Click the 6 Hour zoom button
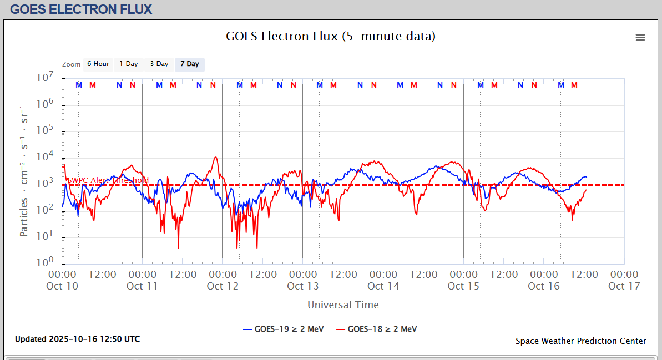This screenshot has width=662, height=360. [98, 64]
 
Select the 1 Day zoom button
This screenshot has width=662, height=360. [129, 64]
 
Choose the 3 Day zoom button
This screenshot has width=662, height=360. [159, 64]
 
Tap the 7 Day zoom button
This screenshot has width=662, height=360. [190, 64]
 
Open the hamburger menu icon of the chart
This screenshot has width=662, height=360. [640, 37]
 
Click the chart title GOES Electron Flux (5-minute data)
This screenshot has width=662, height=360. [331, 37]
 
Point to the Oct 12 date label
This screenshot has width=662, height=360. [223, 286]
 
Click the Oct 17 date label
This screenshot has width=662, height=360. [624, 286]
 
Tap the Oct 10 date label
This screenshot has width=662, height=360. [62, 286]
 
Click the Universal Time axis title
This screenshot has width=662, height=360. [343, 305]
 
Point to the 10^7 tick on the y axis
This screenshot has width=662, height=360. [45, 78]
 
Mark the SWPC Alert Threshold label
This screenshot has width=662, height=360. [108, 180]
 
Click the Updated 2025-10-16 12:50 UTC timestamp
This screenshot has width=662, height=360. [77, 339]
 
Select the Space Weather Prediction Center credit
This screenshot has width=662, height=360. [580, 341]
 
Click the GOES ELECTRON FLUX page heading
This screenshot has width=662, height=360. [81, 9]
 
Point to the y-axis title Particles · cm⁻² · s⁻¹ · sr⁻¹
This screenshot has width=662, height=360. [24, 170]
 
